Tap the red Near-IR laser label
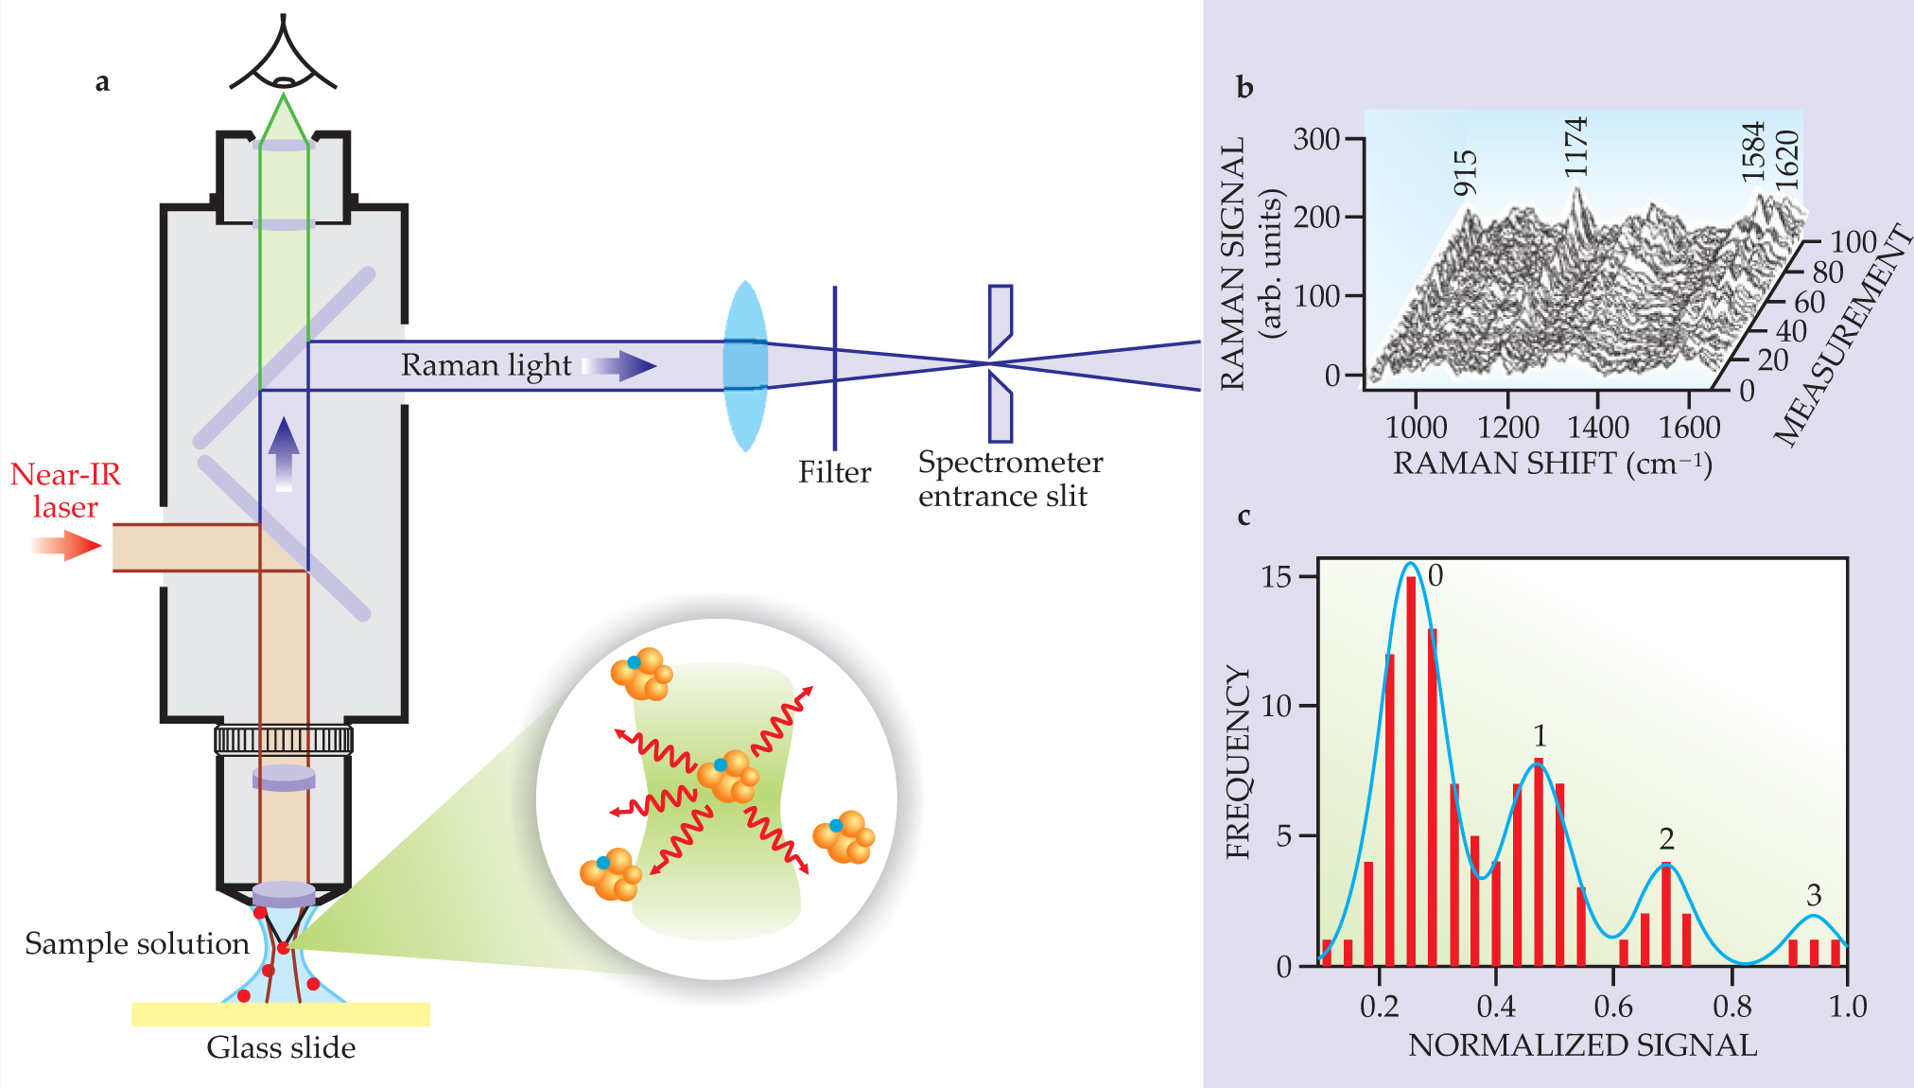65,490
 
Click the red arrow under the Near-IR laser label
66,546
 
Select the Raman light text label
486,365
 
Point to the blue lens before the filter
745,365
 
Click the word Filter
834,472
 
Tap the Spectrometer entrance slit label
1009,479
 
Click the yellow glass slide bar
281,1014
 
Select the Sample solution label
137,943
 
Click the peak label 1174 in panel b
1575,148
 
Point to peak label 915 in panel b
1465,173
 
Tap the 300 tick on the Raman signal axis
1316,139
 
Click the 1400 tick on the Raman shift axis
1598,428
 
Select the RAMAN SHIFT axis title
1552,464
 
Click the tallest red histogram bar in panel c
1411,771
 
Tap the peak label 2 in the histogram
1666,838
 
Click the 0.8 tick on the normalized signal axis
1731,1007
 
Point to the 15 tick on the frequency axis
1277,576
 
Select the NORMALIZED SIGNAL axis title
1582,1044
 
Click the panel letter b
1244,88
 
